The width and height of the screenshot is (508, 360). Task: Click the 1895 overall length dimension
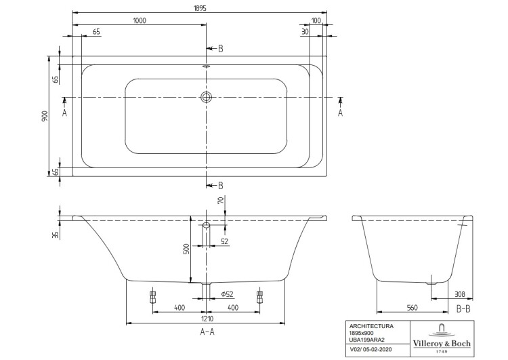pyautogui.click(x=200, y=7)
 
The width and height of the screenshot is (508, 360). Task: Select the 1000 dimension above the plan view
pyautogui.click(x=140, y=20)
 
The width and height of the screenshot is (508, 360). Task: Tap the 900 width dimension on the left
pyautogui.click(x=45, y=116)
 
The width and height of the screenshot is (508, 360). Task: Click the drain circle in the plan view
pyautogui.click(x=206, y=97)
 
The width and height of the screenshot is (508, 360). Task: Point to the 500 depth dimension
pyautogui.click(x=186, y=248)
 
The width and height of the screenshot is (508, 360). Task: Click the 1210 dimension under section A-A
pyautogui.click(x=207, y=319)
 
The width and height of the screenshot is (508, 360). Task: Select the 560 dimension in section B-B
pyautogui.click(x=412, y=308)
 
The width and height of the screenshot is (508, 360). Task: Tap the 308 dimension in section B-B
pyautogui.click(x=460, y=294)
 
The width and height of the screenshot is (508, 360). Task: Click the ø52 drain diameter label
pyautogui.click(x=228, y=294)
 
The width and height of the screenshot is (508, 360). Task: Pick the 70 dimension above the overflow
pyautogui.click(x=221, y=201)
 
